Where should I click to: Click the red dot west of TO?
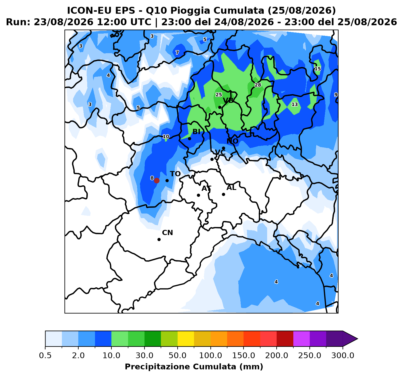click(x=157, y=180)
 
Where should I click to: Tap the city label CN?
click(x=168, y=233)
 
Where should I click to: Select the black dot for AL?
click(x=223, y=194)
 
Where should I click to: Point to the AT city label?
click(x=206, y=188)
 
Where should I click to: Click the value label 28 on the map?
click(x=258, y=85)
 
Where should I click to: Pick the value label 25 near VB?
click(x=218, y=95)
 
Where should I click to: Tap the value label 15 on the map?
click(x=318, y=69)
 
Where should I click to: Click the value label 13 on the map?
click(x=295, y=104)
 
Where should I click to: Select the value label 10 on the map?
click(x=166, y=136)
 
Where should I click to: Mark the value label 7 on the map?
click(x=177, y=53)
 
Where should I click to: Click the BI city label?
click(x=196, y=132)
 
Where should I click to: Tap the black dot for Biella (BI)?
click(x=189, y=139)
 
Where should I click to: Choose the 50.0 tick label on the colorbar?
click(x=177, y=355)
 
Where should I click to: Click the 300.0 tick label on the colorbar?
click(x=343, y=355)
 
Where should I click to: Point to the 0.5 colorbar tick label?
click(x=45, y=355)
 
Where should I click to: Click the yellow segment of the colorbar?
click(x=186, y=338)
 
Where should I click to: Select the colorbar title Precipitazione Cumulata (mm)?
click(x=194, y=367)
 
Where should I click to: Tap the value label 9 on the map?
click(x=336, y=95)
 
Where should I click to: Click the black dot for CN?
click(x=159, y=239)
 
